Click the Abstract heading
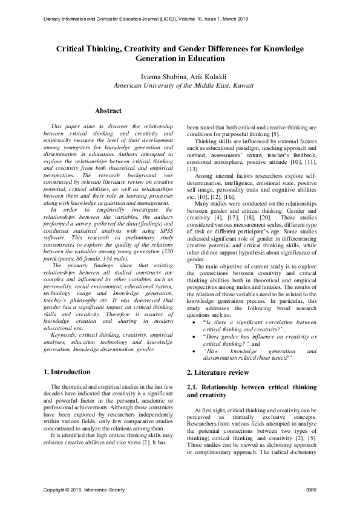tap(108, 111)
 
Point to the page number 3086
tap(312, 488)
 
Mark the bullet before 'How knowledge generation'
tap(192, 351)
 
